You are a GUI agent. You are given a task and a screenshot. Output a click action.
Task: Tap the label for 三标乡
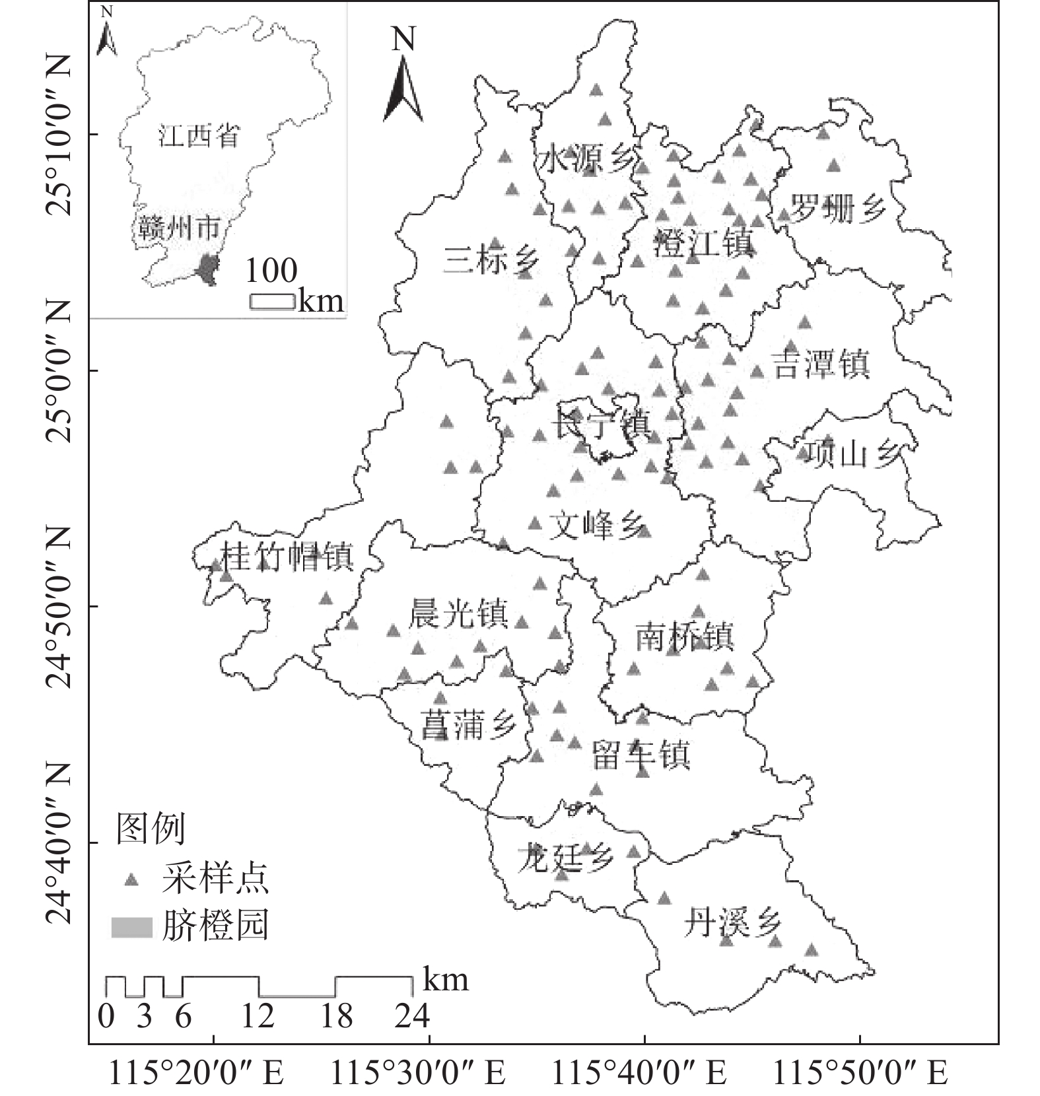coord(491,259)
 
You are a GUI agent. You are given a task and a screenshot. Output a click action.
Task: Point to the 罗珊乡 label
coord(837,209)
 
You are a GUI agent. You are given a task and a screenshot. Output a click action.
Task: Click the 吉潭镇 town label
coord(821,364)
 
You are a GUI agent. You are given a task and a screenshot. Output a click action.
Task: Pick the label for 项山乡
coord(853,454)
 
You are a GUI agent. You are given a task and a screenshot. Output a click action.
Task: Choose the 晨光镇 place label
coord(458,614)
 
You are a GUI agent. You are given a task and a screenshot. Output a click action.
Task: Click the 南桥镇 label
coord(684,638)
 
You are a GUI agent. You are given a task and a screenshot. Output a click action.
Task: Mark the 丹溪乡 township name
coord(732,922)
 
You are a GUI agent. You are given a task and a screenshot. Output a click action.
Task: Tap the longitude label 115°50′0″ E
coord(860,1073)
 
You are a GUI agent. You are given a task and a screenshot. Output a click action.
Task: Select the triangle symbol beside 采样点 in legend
coord(132,879)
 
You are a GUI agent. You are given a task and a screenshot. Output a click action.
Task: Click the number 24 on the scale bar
coord(412,1015)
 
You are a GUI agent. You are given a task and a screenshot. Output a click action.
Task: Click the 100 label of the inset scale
coord(271,270)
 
